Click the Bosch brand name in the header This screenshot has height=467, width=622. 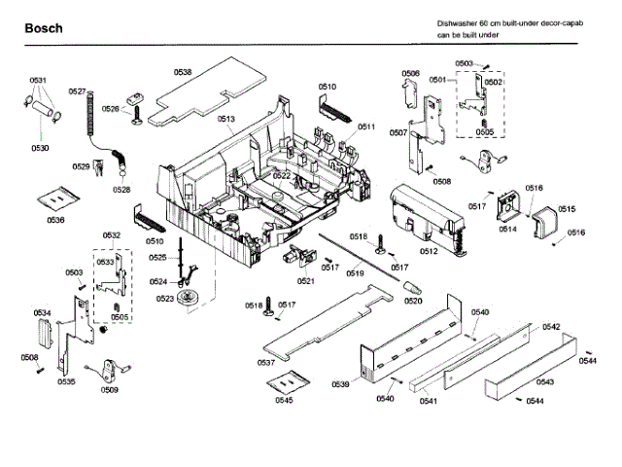[x=43, y=28]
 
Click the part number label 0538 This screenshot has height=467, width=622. [x=183, y=71]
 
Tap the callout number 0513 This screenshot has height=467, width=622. [x=225, y=119]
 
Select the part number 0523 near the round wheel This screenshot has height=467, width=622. [x=165, y=299]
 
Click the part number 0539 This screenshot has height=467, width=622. [x=340, y=385]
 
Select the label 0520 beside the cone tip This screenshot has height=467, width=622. [x=413, y=301]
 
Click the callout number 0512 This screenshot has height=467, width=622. [x=428, y=251]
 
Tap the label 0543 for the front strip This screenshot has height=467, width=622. [x=545, y=382]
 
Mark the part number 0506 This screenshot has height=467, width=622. [x=410, y=74]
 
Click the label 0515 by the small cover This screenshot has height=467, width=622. [x=566, y=208]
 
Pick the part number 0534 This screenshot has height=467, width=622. [x=42, y=312]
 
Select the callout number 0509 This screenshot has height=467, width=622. [x=110, y=390]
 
